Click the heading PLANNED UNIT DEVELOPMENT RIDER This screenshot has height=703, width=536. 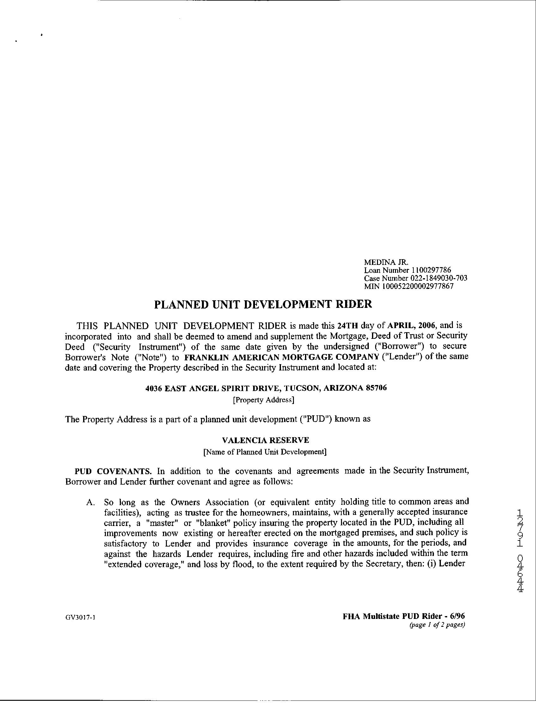coord(263,304)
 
